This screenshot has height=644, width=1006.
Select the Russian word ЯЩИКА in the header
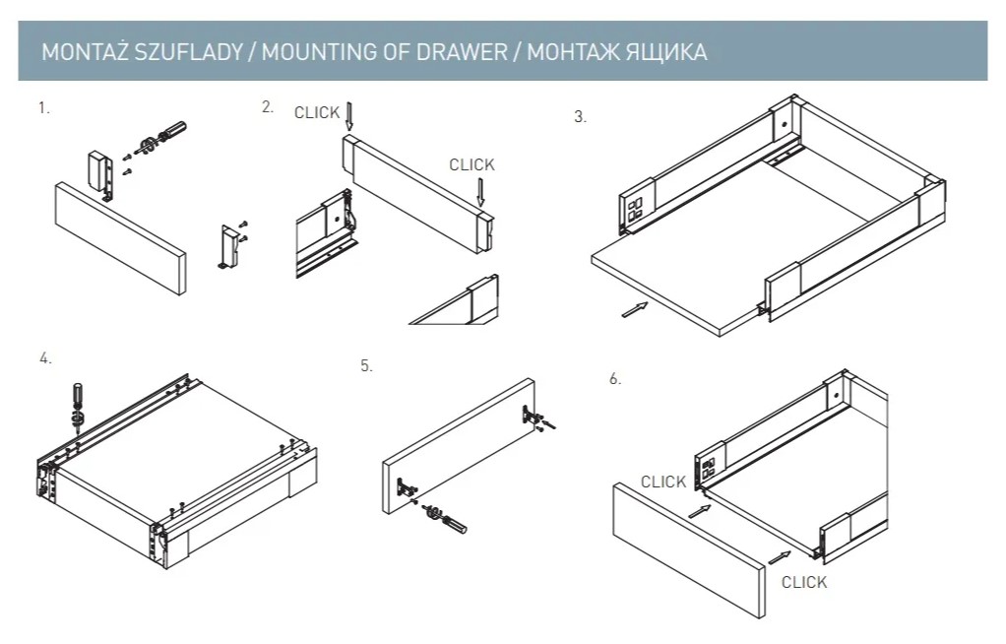pos(668,52)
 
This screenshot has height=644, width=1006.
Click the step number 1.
pos(43,108)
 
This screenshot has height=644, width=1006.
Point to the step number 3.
pos(580,117)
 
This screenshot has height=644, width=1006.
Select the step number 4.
pos(45,358)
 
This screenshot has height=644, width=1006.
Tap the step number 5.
pos(366,365)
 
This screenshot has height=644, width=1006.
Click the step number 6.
pos(615,379)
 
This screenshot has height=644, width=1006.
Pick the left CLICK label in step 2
pos(317,113)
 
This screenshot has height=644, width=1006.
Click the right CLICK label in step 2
pos(472,165)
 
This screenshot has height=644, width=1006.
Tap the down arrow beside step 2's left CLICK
pos(348,116)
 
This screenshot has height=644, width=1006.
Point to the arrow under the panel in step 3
pos(636,309)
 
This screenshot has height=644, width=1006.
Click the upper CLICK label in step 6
pos(663,483)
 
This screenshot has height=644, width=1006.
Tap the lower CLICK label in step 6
pos(804,582)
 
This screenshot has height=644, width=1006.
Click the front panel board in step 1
pos(119,235)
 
